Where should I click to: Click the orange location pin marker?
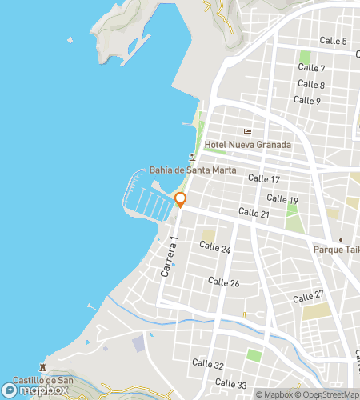(x=180, y=200)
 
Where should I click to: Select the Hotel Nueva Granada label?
(x=247, y=145)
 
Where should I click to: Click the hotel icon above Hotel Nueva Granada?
(x=248, y=132)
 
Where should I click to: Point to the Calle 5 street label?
(x=333, y=41)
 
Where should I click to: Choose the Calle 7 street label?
(x=311, y=69)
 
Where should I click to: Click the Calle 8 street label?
(x=310, y=84)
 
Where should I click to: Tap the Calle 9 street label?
(x=306, y=100)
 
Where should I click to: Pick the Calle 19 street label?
(x=282, y=199)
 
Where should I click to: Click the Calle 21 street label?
(x=254, y=213)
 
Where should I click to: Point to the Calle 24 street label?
(x=214, y=250)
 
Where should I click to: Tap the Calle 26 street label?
(x=223, y=282)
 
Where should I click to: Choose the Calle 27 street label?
(x=308, y=297)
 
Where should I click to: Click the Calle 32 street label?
(x=208, y=365)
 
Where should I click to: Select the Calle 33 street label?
(x=230, y=384)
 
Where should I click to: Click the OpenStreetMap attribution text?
(x=327, y=394)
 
